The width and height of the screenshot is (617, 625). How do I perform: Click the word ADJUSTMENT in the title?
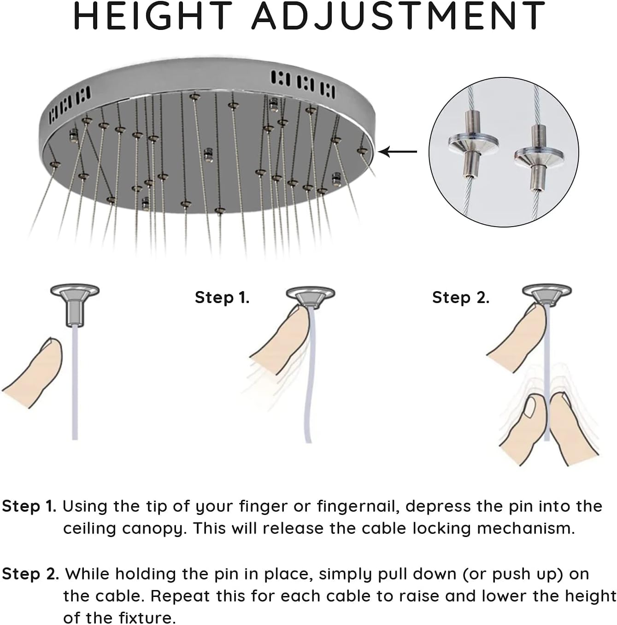[399, 16]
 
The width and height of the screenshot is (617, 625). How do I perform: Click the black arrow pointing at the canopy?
[398, 152]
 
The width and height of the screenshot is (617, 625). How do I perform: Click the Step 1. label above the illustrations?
[222, 298]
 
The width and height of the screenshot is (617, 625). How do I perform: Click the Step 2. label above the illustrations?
[460, 298]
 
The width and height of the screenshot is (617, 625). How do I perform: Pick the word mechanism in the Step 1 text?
[526, 528]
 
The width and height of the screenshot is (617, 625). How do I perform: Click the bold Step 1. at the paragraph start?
[29, 507]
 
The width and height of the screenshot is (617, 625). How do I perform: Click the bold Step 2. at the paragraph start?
[30, 574]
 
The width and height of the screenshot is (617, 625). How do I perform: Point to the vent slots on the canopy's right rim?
[303, 83]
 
